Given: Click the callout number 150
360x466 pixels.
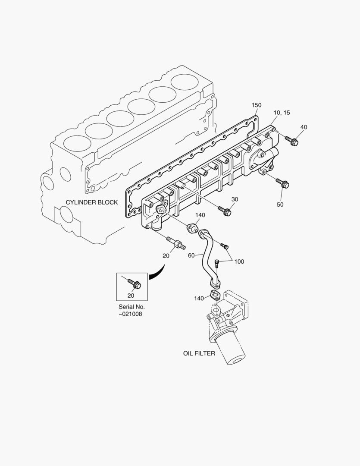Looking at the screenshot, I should (x=257, y=105).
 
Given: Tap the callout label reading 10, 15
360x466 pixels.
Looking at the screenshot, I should (x=282, y=113).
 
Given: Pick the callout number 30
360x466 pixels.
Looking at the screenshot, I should (x=235, y=199).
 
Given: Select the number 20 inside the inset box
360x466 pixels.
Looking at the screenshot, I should (x=131, y=295).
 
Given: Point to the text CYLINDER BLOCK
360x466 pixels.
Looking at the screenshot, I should (x=91, y=202).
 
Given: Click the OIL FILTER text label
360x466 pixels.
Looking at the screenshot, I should (x=199, y=353).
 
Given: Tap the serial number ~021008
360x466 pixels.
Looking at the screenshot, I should (x=130, y=314).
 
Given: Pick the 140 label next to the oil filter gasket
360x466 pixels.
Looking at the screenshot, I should (x=199, y=298).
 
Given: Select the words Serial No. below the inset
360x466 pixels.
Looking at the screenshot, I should (x=131, y=307).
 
